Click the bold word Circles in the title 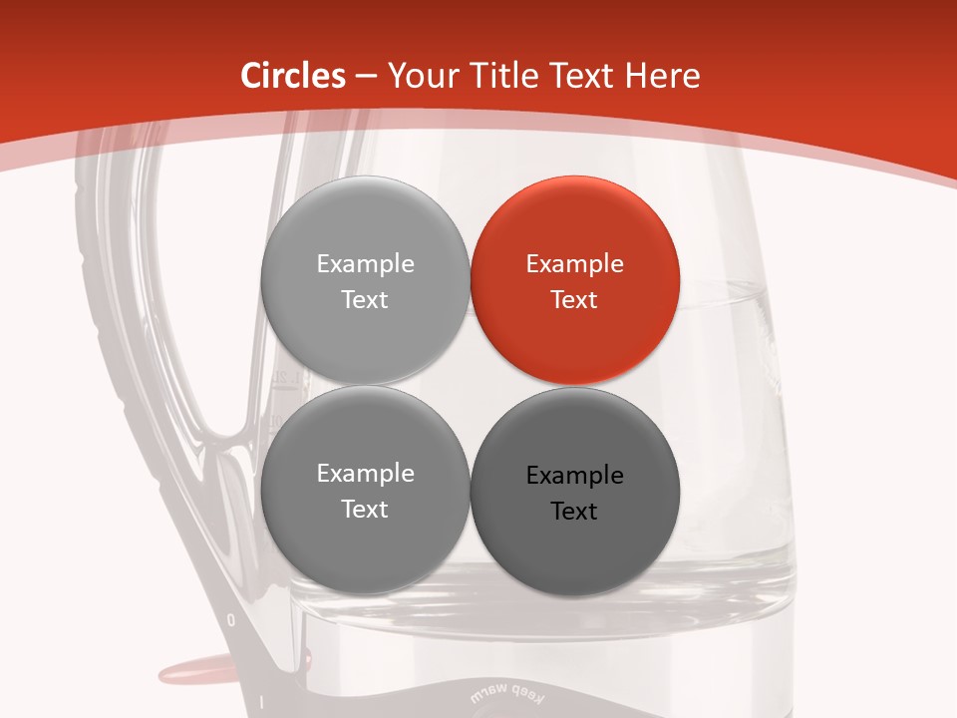click(x=293, y=76)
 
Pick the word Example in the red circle click(x=574, y=264)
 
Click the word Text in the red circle click(x=574, y=300)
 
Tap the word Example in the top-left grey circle click(x=365, y=264)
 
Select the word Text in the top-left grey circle click(x=365, y=300)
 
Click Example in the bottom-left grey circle click(x=365, y=474)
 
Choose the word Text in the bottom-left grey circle click(x=365, y=510)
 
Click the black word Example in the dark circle click(x=574, y=476)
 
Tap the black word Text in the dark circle click(x=574, y=512)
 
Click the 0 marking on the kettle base click(x=231, y=620)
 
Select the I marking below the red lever click(x=261, y=702)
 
